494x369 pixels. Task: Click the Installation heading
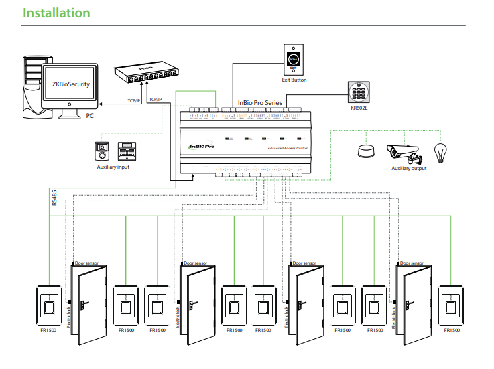click(56, 13)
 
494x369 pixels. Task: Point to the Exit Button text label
click(294, 80)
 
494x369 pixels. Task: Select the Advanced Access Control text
click(286, 147)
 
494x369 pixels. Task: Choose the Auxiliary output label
click(409, 169)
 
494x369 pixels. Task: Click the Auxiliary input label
click(113, 167)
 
